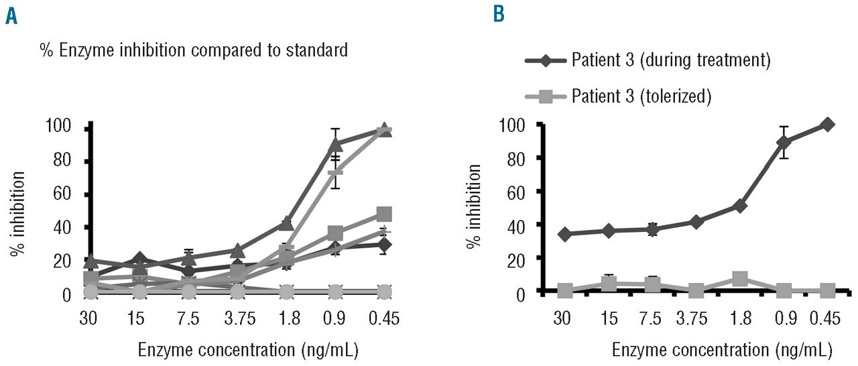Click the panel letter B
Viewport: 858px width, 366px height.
(499, 15)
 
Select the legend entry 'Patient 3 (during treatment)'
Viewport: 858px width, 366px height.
(670, 60)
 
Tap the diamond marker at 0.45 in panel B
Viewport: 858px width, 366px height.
(827, 124)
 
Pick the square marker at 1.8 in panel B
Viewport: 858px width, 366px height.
(740, 279)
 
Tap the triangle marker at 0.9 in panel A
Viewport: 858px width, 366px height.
(336, 144)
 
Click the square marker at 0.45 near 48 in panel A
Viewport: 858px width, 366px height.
(384, 215)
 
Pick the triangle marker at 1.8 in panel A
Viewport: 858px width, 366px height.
(287, 223)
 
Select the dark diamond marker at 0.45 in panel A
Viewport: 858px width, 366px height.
(384, 245)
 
